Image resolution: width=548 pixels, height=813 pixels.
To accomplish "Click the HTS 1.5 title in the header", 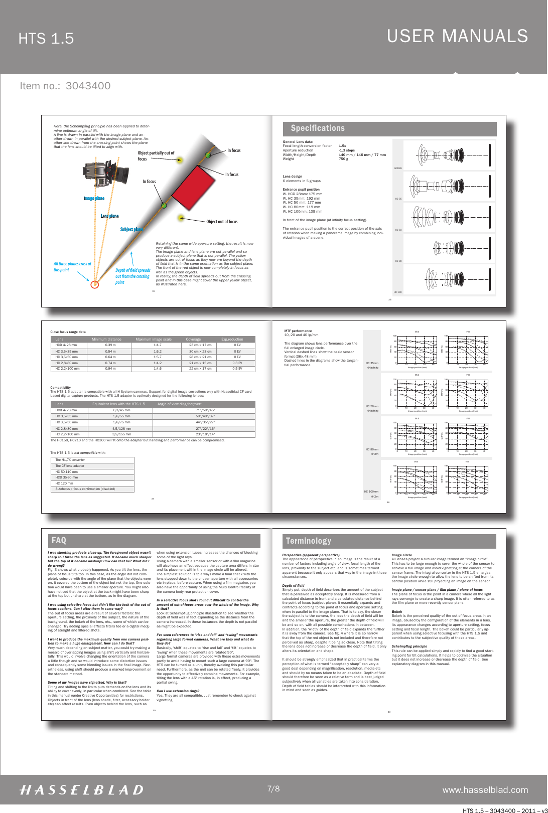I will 46,39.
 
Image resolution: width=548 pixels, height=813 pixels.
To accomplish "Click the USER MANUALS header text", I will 457,36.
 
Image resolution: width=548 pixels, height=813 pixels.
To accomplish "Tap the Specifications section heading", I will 318,128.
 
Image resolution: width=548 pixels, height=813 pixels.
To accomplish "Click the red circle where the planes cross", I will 95,284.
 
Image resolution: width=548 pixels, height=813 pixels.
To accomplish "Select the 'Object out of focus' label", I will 222,222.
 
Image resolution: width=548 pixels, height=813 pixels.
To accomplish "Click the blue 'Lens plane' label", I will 109,216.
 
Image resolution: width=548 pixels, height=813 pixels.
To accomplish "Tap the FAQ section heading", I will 59,541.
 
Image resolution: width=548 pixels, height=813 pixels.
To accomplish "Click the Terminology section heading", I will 308,541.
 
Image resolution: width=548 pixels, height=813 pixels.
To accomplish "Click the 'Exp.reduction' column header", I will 232,340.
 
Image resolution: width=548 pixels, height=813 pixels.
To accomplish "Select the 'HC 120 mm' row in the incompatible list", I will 64,483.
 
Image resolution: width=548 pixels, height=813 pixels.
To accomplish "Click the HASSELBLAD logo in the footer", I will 81,790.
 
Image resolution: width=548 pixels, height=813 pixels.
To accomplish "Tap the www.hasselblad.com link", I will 485,790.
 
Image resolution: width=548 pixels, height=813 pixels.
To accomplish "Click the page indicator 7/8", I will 273,789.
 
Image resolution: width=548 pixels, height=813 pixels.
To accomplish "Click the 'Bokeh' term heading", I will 396,612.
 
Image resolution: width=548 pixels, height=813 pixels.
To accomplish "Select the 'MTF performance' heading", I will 298,331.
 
